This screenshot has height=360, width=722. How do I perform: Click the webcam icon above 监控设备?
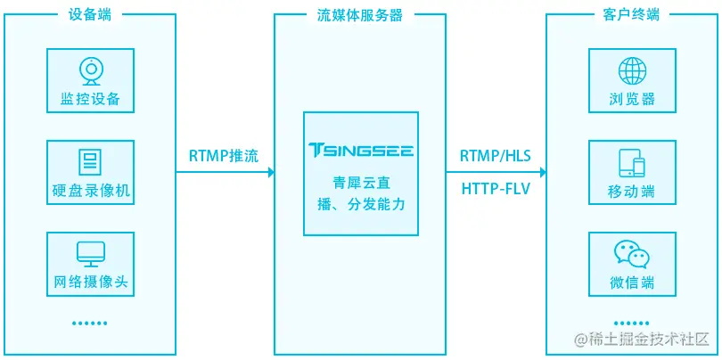(90, 70)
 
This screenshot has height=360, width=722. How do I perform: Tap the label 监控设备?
(90, 98)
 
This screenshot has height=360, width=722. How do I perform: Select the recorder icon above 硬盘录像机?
(90, 161)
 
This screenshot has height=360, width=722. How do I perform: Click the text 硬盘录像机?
(90, 191)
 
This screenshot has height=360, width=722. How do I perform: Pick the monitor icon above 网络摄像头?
(90, 253)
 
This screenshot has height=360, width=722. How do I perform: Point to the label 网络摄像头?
(90, 282)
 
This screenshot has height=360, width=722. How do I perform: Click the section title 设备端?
(90, 14)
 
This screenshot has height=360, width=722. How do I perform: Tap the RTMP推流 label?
(224, 155)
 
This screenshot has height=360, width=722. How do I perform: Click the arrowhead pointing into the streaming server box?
(269, 174)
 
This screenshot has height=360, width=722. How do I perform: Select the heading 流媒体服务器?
(360, 14)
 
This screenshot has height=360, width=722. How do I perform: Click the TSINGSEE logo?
(360, 150)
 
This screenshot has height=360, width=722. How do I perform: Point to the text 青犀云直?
(360, 184)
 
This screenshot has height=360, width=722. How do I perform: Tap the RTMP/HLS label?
(496, 155)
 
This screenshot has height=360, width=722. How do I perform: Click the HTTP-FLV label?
(496, 189)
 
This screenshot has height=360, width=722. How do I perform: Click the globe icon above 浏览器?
(632, 70)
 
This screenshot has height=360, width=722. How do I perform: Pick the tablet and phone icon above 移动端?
(632, 162)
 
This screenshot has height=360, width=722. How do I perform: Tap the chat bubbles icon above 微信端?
(632, 254)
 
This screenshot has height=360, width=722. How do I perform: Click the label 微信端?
(632, 282)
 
